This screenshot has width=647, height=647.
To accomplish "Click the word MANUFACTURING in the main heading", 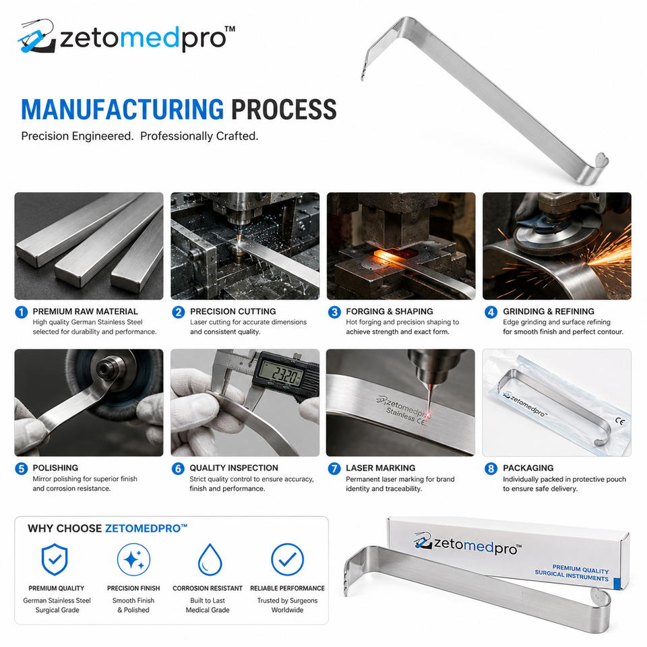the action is [123, 109].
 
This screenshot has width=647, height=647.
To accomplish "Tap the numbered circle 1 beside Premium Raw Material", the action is [22, 312].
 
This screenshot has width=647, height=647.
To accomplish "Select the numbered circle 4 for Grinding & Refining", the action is [491, 312].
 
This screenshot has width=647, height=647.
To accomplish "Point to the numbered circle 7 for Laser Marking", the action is [334, 469].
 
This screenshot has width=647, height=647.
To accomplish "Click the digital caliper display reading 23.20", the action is [282, 375].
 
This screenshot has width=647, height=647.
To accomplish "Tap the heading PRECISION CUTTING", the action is [233, 311].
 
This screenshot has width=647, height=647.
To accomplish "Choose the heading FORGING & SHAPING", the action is [390, 311].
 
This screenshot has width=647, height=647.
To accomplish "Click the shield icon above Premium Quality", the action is [55, 559].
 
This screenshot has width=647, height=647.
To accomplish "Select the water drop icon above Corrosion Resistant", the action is [210, 559].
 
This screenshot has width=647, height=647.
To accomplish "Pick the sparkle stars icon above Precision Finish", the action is [133, 559].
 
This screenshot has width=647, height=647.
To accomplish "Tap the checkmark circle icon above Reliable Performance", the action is [288, 559].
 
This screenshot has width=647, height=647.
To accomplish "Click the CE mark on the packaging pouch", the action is [620, 421].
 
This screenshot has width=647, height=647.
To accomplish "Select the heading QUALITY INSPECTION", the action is [234, 468].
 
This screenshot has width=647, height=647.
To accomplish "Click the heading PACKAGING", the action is [528, 468].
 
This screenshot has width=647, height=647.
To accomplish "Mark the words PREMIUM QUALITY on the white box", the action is [580, 569].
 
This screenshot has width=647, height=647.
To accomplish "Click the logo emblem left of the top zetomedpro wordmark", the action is [37, 36].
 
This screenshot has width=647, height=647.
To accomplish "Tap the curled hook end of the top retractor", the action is [596, 167].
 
